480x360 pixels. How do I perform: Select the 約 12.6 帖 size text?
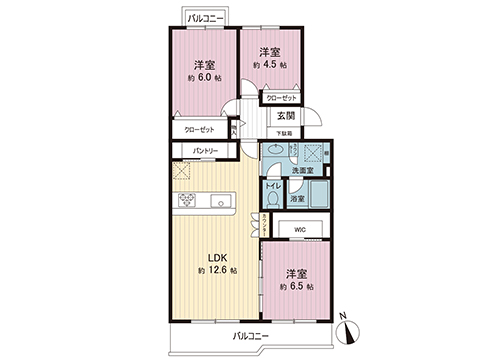click(217, 271)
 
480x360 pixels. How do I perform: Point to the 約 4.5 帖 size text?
click(270, 65)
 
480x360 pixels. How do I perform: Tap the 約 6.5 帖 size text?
click(296, 286)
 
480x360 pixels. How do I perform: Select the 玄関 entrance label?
click(285, 115)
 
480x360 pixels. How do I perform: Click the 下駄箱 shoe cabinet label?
click(286, 133)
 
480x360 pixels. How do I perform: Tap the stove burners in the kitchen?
click(188, 203)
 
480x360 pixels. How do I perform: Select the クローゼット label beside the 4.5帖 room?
click(282, 98)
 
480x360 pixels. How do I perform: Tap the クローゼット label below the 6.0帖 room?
click(204, 129)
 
